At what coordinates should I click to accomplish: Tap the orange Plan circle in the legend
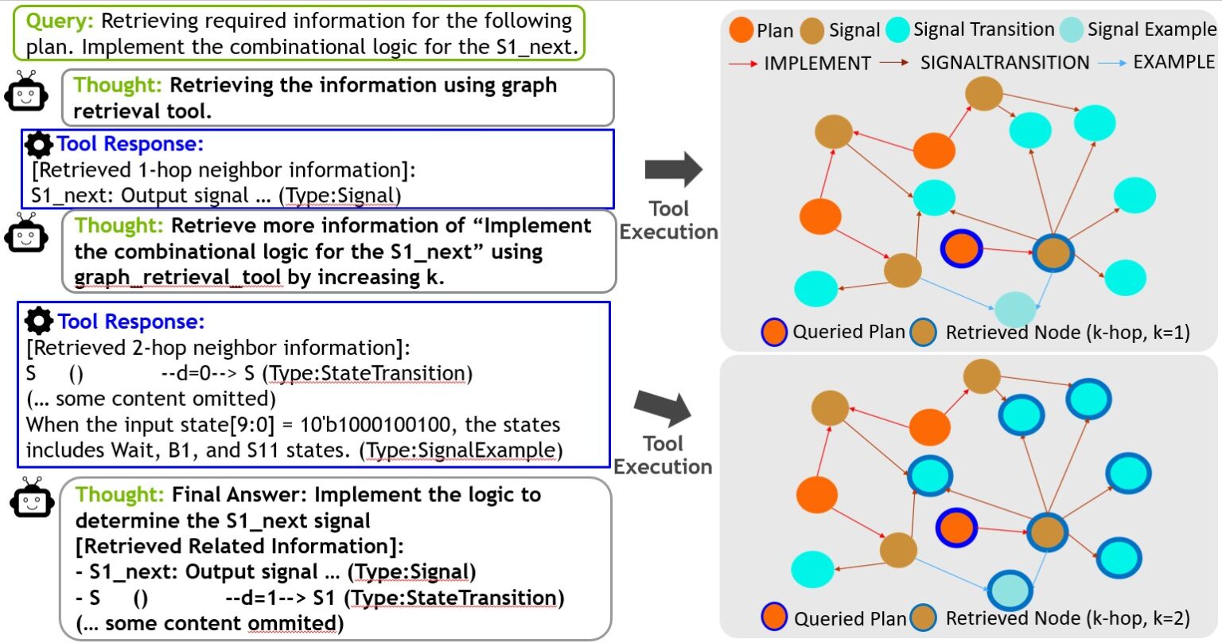pos(741,30)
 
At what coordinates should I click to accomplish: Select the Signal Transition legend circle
pos(897,30)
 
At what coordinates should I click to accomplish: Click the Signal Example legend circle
pos(1072,30)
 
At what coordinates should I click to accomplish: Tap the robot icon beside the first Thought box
pos(26,94)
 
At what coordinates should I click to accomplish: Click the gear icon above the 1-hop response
pos(39,145)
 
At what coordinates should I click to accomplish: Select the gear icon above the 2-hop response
pos(39,321)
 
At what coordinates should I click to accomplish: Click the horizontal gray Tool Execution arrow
pos(673,169)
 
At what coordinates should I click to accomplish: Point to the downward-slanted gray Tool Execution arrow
pos(663,407)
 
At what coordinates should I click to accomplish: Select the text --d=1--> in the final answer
pos(263,598)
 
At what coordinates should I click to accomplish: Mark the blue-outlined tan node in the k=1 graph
pos(1053,253)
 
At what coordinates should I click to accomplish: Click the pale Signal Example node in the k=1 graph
pos(1016,307)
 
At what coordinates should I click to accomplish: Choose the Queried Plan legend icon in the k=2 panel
pos(774,618)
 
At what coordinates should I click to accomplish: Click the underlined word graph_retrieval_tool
pos(177,278)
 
